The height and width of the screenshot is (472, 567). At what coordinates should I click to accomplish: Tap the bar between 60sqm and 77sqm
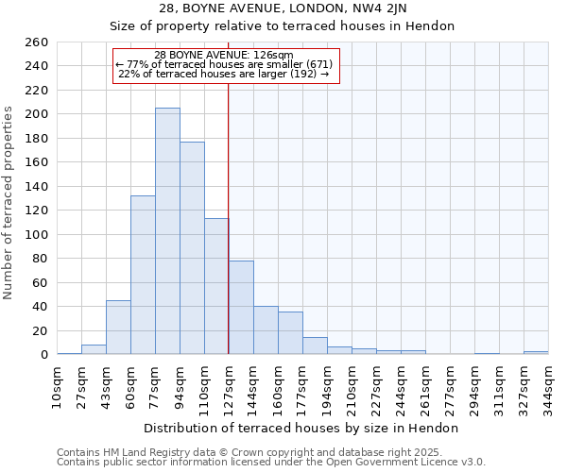(143, 275)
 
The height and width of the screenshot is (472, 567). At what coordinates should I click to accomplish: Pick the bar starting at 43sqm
(118, 327)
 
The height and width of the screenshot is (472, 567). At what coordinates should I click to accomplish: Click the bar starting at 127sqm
(241, 307)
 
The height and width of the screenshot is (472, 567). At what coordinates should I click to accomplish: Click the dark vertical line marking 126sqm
(229, 217)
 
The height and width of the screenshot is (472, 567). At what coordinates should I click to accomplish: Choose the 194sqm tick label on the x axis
(328, 385)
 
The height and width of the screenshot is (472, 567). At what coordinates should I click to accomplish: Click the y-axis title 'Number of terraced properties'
(9, 203)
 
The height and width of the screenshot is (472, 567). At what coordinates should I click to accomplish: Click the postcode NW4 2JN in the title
(399, 8)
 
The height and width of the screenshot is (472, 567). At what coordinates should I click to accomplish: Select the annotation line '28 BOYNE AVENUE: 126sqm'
(224, 55)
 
